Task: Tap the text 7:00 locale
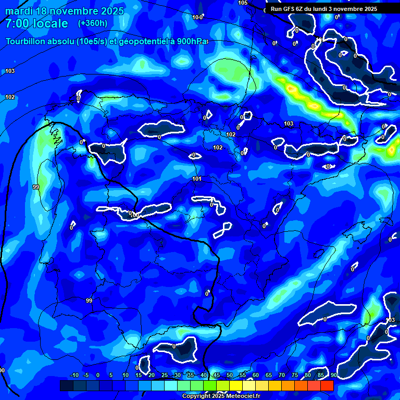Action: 36,23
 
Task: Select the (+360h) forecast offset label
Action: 93,23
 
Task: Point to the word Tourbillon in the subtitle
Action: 27,42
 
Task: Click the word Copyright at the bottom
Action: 196,396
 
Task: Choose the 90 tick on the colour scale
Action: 333,376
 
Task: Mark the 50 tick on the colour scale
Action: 230,376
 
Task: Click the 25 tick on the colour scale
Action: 165,376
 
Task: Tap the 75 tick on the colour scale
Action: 295,376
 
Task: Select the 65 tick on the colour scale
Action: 269,376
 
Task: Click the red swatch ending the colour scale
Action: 327,385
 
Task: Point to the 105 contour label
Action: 243,3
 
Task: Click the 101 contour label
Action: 197,179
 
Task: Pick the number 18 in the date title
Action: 42,11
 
